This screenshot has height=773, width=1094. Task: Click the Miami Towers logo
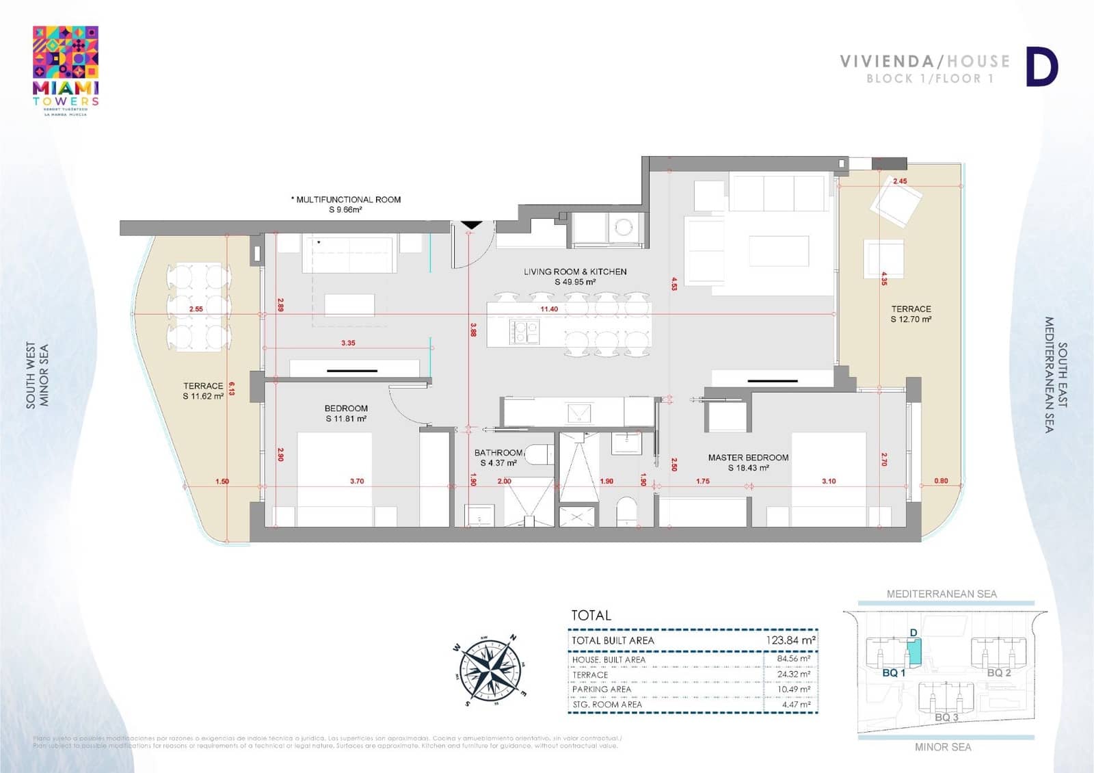(x=66, y=70)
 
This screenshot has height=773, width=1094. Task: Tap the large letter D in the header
(x=1041, y=68)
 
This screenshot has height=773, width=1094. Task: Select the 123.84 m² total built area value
(x=790, y=640)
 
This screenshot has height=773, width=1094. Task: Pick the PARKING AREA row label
(x=602, y=690)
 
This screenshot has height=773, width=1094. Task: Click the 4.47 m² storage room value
(x=796, y=704)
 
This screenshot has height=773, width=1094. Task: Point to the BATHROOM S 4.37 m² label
(x=498, y=458)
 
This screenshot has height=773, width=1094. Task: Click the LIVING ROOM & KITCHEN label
(x=575, y=276)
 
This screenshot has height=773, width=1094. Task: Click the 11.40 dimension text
(x=549, y=309)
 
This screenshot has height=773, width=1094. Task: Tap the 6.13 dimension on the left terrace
(x=232, y=389)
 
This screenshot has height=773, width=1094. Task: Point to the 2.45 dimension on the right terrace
(x=900, y=181)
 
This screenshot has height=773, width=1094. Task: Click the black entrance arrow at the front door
(x=472, y=225)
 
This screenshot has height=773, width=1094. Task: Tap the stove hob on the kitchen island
(x=524, y=332)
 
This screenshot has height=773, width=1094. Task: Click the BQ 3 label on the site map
(x=946, y=717)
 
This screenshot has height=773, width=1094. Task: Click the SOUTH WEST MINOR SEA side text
(x=37, y=376)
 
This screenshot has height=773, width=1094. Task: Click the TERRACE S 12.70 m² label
(x=911, y=314)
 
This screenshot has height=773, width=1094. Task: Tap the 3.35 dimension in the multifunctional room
(x=348, y=343)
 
